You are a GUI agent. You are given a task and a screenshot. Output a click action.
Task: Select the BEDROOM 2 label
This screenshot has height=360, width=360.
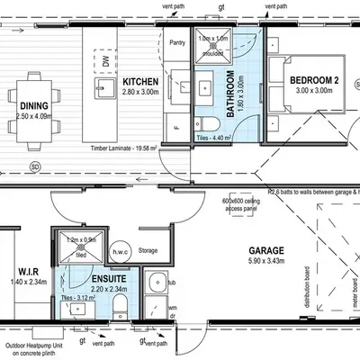click(312, 82)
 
